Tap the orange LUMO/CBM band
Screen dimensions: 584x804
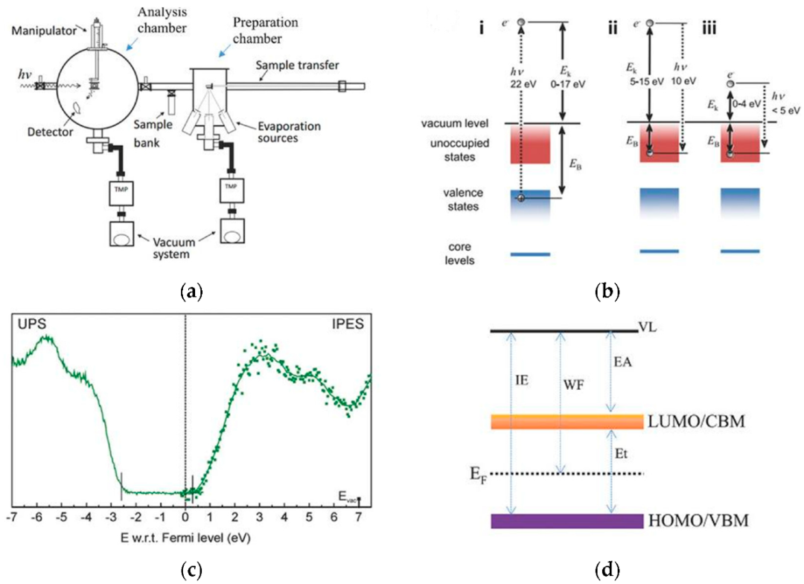point(567,421)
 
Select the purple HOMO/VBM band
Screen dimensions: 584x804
point(567,521)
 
